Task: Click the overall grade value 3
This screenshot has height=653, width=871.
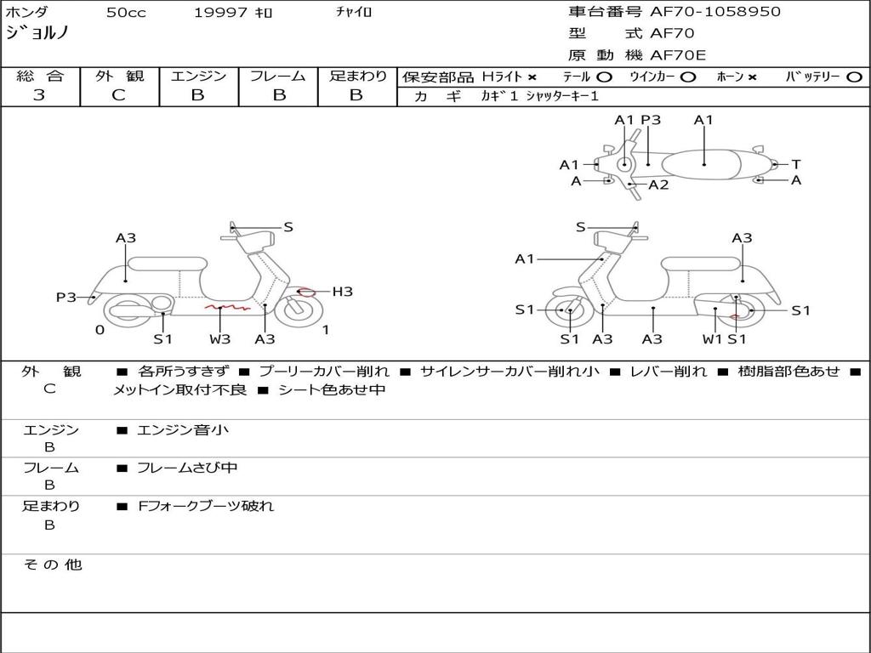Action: [39, 95]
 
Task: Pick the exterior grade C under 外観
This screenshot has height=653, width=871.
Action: [119, 95]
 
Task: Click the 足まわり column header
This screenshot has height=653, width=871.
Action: [357, 77]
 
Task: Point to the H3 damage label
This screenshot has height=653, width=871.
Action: [342, 292]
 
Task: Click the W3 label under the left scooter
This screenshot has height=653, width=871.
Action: [220, 339]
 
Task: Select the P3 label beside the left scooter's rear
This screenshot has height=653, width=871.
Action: [66, 297]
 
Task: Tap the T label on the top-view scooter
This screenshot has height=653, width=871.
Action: [795, 164]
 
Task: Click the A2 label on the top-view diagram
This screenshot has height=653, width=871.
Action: [658, 185]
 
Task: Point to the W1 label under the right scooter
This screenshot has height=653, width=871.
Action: [712, 339]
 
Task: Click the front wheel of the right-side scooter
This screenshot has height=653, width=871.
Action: [569, 311]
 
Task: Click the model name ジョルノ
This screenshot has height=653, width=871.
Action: [37, 33]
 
